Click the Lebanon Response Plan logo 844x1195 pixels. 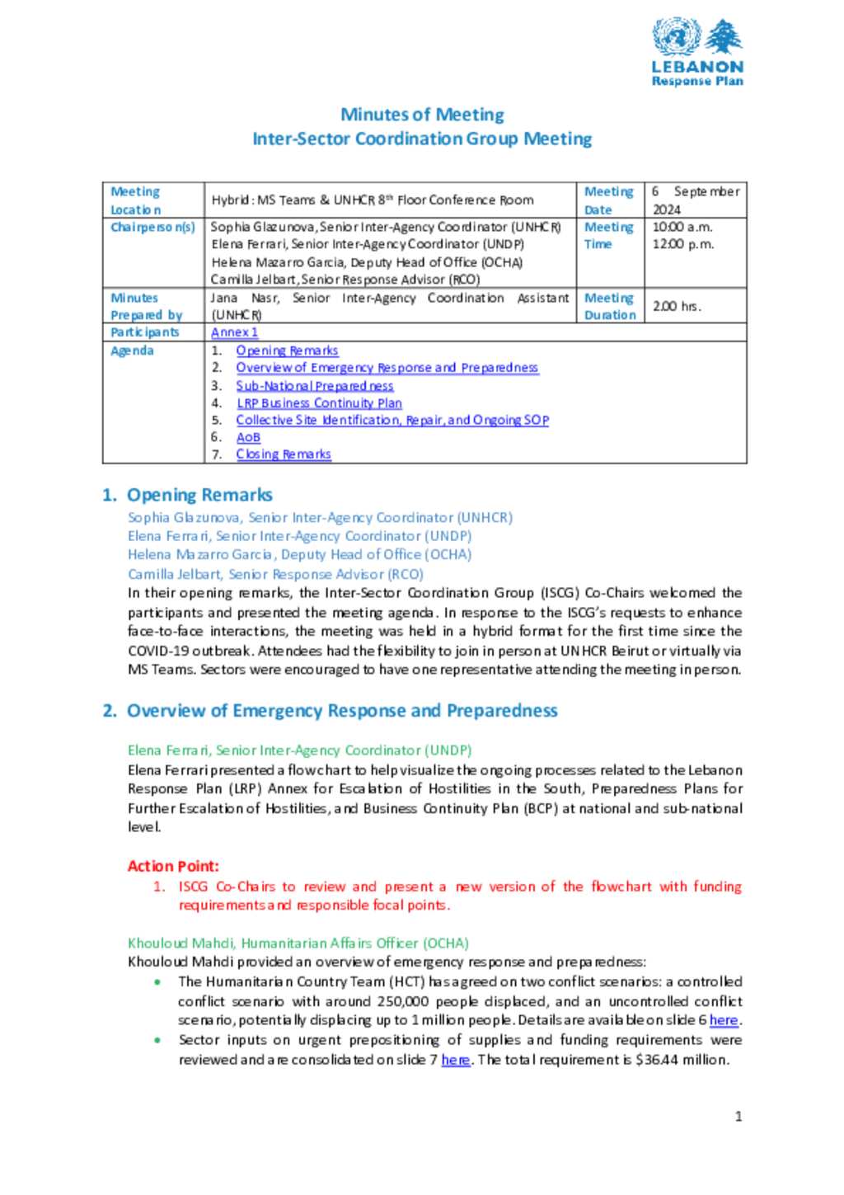(x=697, y=53)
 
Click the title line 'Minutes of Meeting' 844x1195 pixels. (x=422, y=115)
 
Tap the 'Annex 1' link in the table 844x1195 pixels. (x=234, y=332)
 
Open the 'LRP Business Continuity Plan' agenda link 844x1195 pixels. (x=319, y=403)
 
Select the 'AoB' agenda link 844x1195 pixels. (x=248, y=437)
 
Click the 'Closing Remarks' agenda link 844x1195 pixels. (x=284, y=454)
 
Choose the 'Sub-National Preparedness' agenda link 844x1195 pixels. (x=314, y=386)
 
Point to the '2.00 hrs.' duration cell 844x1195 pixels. (x=677, y=306)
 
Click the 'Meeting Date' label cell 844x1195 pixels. (x=609, y=200)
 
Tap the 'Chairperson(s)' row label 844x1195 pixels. (x=152, y=227)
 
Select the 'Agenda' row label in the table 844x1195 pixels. (x=132, y=351)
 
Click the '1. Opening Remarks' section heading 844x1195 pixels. (x=187, y=495)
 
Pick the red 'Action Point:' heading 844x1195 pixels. (x=173, y=866)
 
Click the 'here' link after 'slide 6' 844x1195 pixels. (x=724, y=1020)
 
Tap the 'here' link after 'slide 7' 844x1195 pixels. (x=455, y=1060)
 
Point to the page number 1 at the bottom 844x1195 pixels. (x=738, y=1117)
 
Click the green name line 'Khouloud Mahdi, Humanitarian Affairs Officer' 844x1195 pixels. (x=298, y=943)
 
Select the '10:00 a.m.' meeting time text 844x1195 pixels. (x=682, y=227)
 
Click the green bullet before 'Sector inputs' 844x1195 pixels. (x=157, y=1041)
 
